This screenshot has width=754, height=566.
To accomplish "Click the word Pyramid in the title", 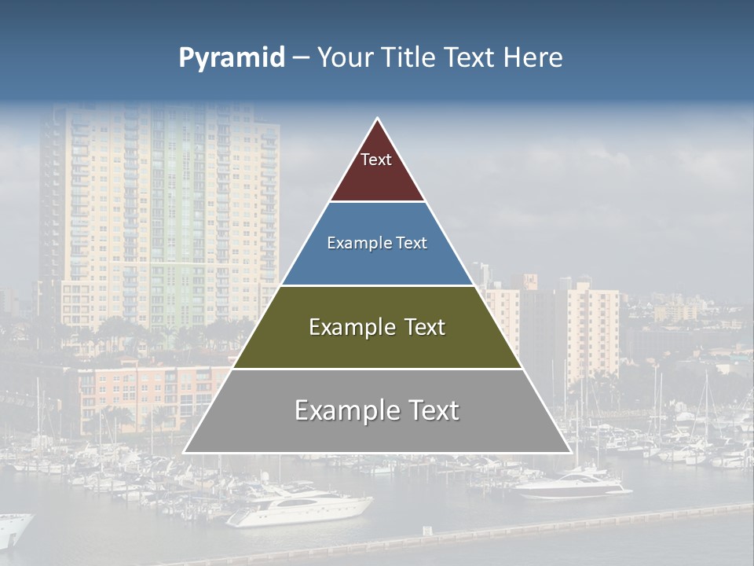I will click(231, 58).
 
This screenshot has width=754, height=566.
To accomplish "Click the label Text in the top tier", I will click(376, 160).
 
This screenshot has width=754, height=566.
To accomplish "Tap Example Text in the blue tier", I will click(377, 243).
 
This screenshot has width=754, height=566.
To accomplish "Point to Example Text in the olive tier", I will click(377, 327).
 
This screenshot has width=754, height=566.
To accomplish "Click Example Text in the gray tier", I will click(377, 410).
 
